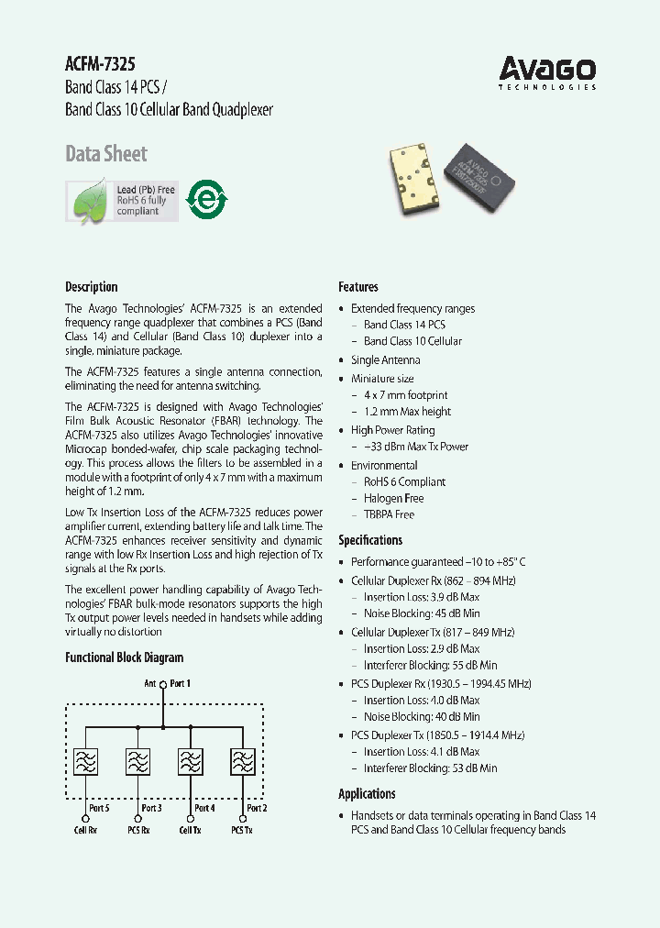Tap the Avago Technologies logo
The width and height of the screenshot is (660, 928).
pos(546,72)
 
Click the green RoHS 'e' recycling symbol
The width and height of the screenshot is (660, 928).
pos(206,199)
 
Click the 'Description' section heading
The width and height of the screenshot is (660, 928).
pos(92,286)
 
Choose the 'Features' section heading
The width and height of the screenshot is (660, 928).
pos(358,286)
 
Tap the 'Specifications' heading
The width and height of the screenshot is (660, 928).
pos(370,540)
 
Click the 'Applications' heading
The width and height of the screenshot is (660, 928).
pos(367,794)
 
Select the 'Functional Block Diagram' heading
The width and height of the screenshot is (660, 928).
pos(124,657)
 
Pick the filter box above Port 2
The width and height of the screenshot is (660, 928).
pos(244,762)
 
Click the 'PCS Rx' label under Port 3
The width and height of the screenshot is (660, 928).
pos(138,830)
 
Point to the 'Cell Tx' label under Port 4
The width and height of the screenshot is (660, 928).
pos(191,830)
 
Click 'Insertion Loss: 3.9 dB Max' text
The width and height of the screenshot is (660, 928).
pos(421,597)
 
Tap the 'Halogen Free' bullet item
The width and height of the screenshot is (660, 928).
pos(393,498)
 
